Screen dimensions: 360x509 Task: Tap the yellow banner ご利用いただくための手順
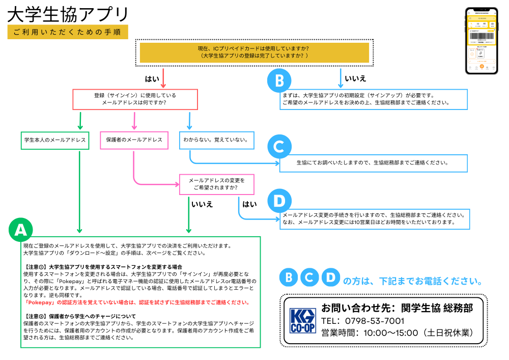click(x=67, y=32)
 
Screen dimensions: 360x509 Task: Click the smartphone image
click(x=481, y=41)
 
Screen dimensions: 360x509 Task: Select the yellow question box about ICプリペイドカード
click(x=254, y=52)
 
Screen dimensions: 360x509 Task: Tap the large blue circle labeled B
click(x=279, y=81)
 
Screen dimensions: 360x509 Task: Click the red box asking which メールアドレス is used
click(x=135, y=99)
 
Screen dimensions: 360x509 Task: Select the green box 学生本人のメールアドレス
click(x=55, y=140)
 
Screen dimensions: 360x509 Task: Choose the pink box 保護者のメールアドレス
click(x=134, y=140)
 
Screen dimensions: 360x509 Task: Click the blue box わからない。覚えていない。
click(x=216, y=140)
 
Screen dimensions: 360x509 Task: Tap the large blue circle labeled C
click(x=279, y=148)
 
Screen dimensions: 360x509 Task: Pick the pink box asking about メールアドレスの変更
click(x=216, y=184)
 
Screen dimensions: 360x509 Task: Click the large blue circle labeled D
click(x=279, y=201)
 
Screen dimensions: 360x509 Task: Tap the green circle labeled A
click(x=21, y=231)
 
